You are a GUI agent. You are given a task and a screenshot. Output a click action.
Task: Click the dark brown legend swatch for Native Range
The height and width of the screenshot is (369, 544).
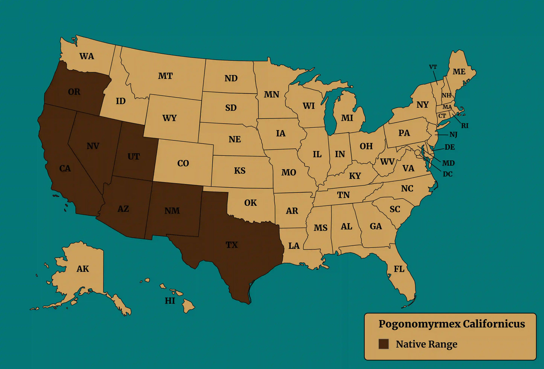pos(383,344)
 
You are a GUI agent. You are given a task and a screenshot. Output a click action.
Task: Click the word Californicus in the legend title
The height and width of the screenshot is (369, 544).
pos(494,324)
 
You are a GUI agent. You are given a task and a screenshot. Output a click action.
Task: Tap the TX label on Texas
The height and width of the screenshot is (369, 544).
pos(232,245)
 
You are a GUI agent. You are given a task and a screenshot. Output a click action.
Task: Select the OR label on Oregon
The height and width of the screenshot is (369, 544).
pos(74,92)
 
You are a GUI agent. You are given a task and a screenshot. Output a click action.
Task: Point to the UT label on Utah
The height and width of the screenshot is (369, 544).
pos(134,156)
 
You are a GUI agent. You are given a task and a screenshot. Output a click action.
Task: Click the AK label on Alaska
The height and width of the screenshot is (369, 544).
pos(83,269)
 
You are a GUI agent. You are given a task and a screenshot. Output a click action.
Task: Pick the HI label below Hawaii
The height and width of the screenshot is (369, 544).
pos(170,300)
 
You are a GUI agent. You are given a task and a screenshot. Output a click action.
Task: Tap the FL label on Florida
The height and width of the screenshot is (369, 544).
pos(399,269)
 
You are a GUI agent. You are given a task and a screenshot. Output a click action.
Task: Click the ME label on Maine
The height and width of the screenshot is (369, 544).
pos(459,72)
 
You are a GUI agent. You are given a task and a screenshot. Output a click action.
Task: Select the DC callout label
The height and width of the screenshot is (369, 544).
pos(448,174)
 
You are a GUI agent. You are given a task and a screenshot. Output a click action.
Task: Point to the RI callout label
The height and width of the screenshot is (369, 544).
pos(465,126)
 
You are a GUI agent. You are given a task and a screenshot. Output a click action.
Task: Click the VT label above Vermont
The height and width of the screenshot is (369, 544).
pos(433,67)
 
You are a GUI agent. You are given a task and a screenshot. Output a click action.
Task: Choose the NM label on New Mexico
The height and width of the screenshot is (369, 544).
pos(172,211)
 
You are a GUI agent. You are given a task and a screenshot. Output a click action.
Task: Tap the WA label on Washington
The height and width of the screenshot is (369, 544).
pos(87,56)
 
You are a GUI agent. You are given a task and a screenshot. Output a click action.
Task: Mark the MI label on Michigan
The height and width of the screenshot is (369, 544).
pos(347,118)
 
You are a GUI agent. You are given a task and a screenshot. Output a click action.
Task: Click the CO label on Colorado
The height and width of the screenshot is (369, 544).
pos(183,163)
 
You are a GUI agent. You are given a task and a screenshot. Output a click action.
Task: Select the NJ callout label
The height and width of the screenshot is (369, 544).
pos(453,135)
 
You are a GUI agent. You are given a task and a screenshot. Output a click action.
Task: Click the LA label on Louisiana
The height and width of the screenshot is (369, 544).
pos(294,246)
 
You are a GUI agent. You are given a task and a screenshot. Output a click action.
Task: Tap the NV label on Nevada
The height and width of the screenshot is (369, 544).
pos(93,146)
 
